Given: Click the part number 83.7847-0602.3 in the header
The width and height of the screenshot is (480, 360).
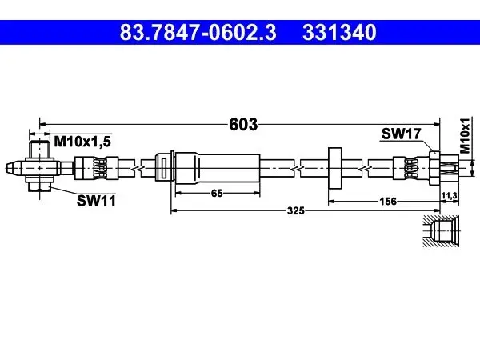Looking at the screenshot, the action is click(x=198, y=33).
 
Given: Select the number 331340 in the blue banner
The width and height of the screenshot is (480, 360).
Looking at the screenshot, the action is click(x=339, y=33).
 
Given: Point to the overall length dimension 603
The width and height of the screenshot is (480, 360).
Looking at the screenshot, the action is click(x=243, y=124).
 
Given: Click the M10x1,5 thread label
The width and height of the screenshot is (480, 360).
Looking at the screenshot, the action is click(x=82, y=142).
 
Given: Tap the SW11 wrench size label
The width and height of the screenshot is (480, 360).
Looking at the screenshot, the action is click(x=97, y=201).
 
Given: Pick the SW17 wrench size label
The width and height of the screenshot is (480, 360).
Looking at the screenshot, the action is click(x=402, y=134).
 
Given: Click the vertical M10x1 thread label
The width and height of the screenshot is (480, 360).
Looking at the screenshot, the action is click(x=465, y=135).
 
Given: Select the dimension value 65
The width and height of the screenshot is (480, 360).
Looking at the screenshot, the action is click(x=217, y=193).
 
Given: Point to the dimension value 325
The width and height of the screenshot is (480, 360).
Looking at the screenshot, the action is click(x=296, y=210).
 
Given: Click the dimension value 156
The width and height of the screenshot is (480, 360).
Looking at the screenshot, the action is click(x=388, y=202).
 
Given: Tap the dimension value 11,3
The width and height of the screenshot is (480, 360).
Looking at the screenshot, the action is click(x=449, y=195).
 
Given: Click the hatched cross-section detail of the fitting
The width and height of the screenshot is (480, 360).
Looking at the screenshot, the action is click(x=441, y=231).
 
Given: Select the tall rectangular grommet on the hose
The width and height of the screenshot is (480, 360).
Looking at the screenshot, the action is click(x=335, y=168).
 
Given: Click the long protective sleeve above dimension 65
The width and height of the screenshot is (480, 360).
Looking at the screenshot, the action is click(x=218, y=168).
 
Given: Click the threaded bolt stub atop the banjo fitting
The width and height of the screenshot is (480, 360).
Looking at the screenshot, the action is click(x=39, y=150).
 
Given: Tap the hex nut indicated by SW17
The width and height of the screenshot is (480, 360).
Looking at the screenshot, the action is click(x=434, y=168).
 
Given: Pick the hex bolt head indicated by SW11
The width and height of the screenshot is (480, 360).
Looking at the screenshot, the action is click(x=39, y=186).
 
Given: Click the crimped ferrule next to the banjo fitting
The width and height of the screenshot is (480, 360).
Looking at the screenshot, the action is click(x=97, y=168).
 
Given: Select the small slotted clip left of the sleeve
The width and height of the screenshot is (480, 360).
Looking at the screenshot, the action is click(x=163, y=168).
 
